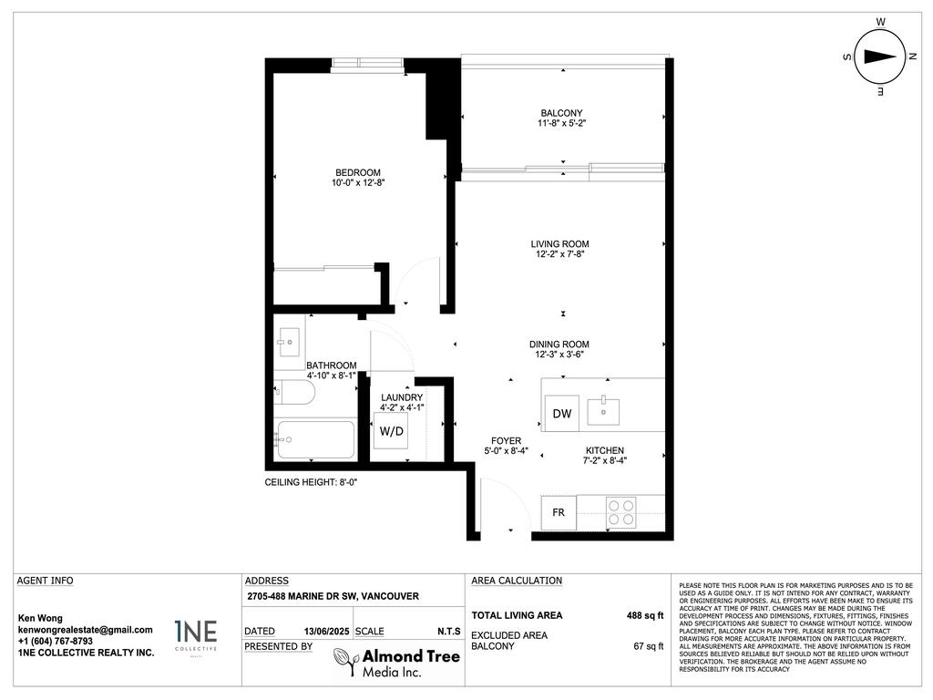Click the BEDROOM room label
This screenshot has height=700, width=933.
pyautogui.click(x=357, y=172)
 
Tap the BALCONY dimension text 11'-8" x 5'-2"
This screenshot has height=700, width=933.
pyautogui.click(x=560, y=124)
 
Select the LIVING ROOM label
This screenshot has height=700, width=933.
pyautogui.click(x=559, y=244)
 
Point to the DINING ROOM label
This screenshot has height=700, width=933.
pyautogui.click(x=559, y=345)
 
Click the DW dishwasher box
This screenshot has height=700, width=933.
pyautogui.click(x=562, y=414)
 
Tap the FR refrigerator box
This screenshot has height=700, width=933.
pyautogui.click(x=559, y=512)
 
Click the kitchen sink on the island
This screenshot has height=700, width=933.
pyautogui.click(x=603, y=410)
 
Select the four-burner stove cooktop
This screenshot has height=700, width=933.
pyautogui.click(x=621, y=512)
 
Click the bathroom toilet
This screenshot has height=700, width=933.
pyautogui.click(x=295, y=393)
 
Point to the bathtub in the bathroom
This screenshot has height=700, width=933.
pyautogui.click(x=314, y=439)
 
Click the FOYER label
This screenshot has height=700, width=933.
pyautogui.click(x=506, y=441)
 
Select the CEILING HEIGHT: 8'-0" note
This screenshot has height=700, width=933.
pyautogui.click(x=311, y=482)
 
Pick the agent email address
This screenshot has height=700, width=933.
pyautogui.click(x=86, y=630)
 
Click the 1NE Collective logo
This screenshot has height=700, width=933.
pyautogui.click(x=196, y=635)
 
